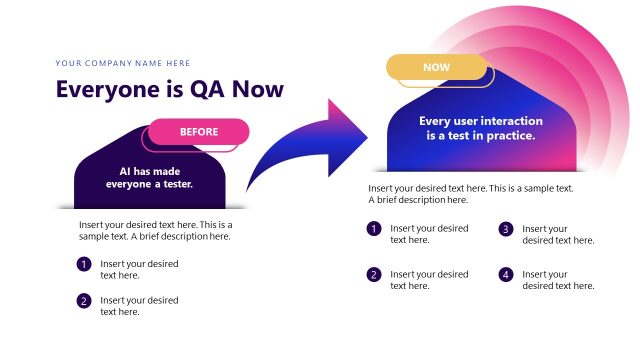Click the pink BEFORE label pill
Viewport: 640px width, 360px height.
coord(198,131)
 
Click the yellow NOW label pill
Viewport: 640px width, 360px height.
coord(436,67)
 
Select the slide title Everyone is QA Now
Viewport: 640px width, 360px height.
coord(170,89)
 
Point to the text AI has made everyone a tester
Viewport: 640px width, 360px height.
coord(156,177)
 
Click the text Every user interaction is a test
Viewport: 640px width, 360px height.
coord(477,128)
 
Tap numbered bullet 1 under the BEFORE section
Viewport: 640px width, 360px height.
coord(84,264)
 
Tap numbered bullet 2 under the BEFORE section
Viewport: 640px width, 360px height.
coord(84,300)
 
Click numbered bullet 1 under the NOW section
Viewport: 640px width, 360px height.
coord(374,229)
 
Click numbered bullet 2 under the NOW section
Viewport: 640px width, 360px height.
coord(374,274)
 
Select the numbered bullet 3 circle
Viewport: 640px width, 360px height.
coord(506,229)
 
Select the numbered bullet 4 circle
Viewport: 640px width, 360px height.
coord(506,274)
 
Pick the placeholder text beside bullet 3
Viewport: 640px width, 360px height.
coord(558,234)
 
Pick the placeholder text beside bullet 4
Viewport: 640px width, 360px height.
coord(558,280)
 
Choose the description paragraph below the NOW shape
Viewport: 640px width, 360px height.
coord(470,193)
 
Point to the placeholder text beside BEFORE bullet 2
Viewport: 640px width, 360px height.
coord(139,305)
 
